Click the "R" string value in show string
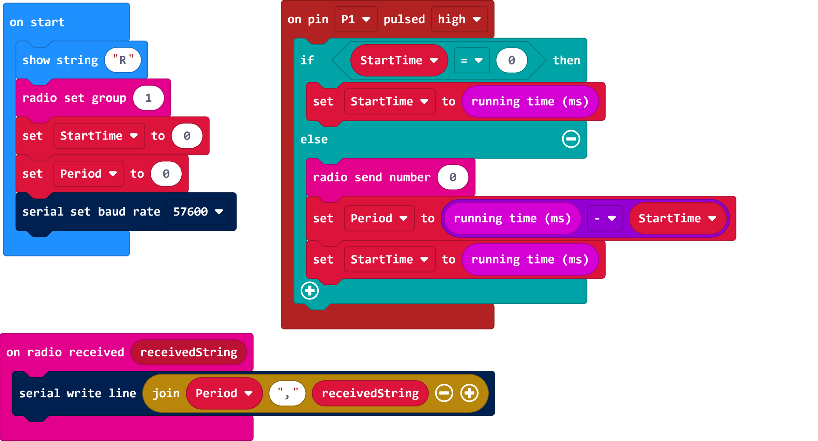(x=123, y=60)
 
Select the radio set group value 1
(x=148, y=98)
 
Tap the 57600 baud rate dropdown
(x=198, y=212)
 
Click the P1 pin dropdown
(x=355, y=19)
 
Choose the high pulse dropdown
(x=459, y=19)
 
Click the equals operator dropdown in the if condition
(x=471, y=61)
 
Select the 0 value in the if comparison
(x=511, y=61)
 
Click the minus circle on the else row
(x=571, y=139)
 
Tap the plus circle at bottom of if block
(x=309, y=291)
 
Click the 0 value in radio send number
(x=453, y=177)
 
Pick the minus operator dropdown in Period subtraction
(x=605, y=219)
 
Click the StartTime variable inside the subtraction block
(x=677, y=219)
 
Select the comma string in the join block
(x=287, y=394)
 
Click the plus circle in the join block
(x=469, y=394)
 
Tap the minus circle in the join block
(x=444, y=394)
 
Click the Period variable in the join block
(x=224, y=394)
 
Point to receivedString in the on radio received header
(x=188, y=352)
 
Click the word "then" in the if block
(x=566, y=61)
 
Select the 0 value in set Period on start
(x=166, y=174)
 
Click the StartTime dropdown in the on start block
(x=99, y=136)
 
